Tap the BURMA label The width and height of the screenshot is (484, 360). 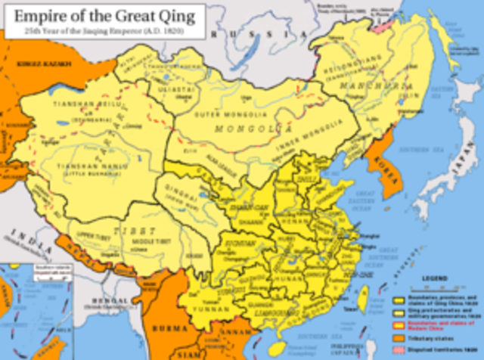pos(176,331)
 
